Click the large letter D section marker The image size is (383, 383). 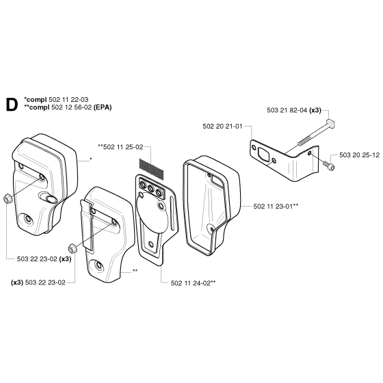click(12, 105)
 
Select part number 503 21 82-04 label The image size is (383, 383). click(287, 110)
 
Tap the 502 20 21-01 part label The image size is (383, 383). click(222, 127)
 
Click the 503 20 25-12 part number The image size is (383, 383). click(359, 155)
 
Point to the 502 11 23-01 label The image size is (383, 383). click(273, 207)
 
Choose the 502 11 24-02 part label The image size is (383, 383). click(191, 283)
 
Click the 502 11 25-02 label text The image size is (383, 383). click(123, 147)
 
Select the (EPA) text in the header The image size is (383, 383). click(103, 107)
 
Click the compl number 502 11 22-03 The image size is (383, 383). click(68, 100)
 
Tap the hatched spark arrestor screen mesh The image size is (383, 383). click(151, 168)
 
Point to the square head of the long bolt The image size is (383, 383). click(330, 123)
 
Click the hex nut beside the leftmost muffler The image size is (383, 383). click(7, 199)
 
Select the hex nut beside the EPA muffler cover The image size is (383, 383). click(71, 248)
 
